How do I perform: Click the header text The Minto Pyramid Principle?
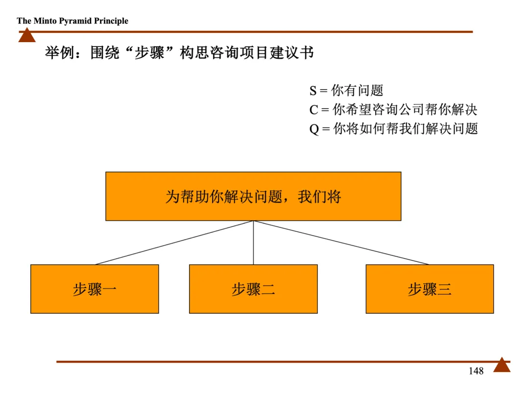click(72, 21)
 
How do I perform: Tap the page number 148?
click(476, 371)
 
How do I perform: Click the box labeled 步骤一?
click(95, 289)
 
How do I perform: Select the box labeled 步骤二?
click(253, 289)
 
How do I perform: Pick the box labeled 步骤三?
click(430, 289)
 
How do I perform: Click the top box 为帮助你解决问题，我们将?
click(253, 197)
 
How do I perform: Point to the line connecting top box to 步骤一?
click(174, 243)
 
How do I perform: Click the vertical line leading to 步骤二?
click(253, 243)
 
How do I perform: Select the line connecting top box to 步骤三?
click(341, 243)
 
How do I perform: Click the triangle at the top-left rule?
click(27, 35)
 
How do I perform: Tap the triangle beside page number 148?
click(502, 365)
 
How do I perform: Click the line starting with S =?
click(346, 91)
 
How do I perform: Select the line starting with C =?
click(393, 110)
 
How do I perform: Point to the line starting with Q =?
click(393, 129)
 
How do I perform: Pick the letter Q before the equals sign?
click(314, 129)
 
